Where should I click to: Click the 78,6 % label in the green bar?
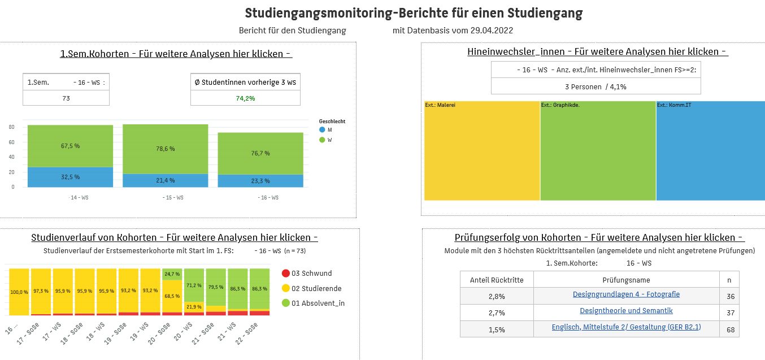[165, 149]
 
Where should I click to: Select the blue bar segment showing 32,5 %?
[70, 177]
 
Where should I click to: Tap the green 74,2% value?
[245, 98]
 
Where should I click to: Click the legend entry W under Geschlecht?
[330, 140]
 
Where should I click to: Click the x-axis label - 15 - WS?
[165, 198]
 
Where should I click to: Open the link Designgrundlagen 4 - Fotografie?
[626, 294]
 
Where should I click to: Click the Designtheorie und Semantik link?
[626, 311]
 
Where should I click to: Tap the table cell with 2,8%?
[497, 296]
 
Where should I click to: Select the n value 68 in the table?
[731, 329]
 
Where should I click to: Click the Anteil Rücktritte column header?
[497, 280]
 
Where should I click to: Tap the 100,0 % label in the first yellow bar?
[20, 292]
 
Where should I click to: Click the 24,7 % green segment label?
[172, 274]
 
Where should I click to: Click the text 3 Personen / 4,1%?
[596, 86]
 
